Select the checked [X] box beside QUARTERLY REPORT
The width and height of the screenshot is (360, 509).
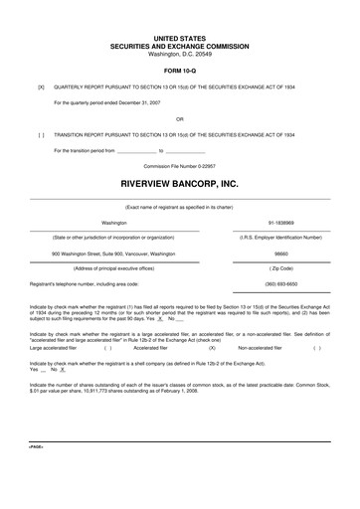[x=41, y=86]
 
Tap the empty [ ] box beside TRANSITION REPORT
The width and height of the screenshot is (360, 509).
[x=41, y=132]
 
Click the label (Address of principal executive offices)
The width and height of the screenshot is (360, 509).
[x=114, y=267]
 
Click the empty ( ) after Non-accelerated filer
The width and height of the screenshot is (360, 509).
[x=316, y=348]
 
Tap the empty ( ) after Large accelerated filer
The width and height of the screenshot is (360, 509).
[x=107, y=348]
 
